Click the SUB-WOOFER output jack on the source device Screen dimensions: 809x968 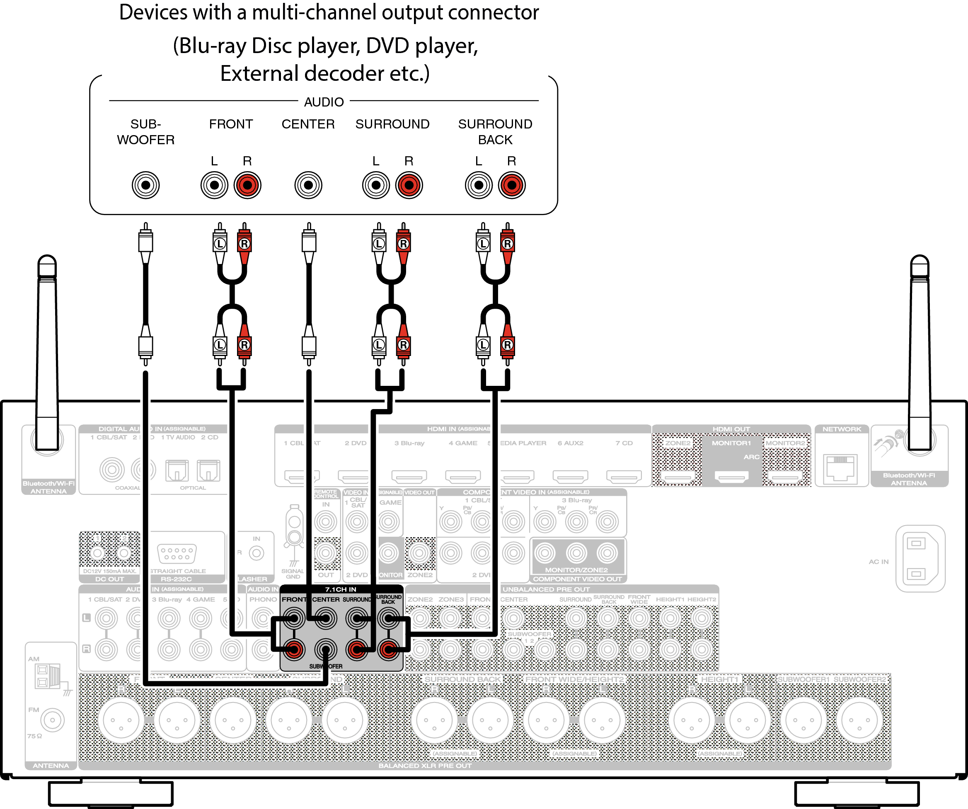(x=146, y=185)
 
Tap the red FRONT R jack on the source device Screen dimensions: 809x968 (x=247, y=185)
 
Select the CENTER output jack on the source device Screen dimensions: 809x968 (x=308, y=185)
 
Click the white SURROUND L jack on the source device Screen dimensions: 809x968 (x=376, y=185)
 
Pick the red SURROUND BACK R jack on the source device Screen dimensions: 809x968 (x=512, y=185)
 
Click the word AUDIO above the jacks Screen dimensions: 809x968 (x=324, y=102)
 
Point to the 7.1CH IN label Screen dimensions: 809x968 (x=341, y=589)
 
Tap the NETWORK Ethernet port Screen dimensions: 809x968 (x=841, y=468)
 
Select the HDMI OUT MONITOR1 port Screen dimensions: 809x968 (x=731, y=476)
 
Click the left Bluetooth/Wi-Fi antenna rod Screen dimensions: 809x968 (x=47, y=350)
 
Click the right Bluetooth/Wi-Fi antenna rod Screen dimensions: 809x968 (x=920, y=350)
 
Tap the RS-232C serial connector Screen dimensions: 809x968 (x=177, y=553)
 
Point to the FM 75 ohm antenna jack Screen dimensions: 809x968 (x=53, y=719)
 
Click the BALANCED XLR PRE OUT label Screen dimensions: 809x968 (x=425, y=765)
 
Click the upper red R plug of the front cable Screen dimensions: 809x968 (x=244, y=243)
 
